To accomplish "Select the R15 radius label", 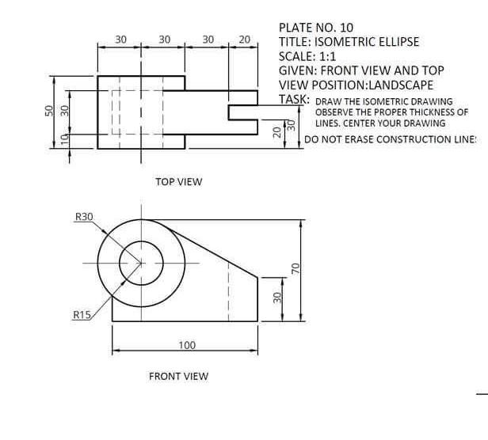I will [82, 315].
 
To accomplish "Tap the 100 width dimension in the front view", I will [186, 345].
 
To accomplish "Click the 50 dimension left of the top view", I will [48, 111].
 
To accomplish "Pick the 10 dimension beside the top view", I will [67, 139].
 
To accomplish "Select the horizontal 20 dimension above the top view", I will [244, 39].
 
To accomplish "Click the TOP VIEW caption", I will [178, 182].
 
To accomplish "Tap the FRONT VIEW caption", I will [178, 376].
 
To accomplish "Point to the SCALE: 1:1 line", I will [307, 56].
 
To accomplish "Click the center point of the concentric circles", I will [141, 263].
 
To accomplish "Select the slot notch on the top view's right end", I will [243, 112].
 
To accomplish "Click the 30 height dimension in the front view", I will [276, 298].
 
